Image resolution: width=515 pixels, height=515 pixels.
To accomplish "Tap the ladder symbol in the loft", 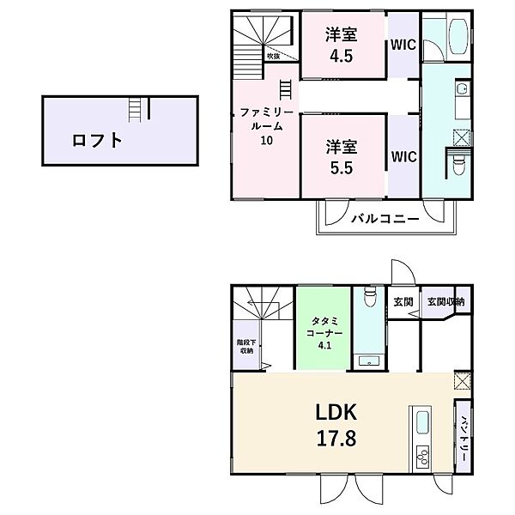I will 134,110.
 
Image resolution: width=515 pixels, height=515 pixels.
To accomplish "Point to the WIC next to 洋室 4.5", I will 403,45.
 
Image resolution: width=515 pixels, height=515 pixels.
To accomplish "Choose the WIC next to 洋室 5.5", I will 403,157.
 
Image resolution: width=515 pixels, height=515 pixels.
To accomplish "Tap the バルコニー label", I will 385,219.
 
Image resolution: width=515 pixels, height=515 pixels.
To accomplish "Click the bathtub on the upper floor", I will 454,37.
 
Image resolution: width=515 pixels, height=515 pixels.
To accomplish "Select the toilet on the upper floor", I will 459,162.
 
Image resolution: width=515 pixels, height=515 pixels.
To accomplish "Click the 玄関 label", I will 403,302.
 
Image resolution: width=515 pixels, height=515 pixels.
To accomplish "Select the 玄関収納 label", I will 445,301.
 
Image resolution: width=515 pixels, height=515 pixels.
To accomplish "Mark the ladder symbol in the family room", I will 285,89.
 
